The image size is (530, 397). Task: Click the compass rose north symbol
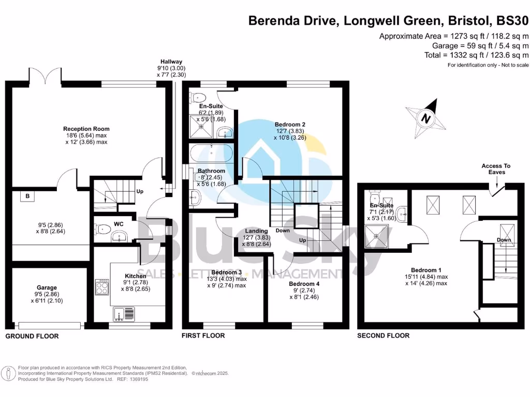coord(425,118)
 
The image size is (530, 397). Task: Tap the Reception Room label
coord(86,129)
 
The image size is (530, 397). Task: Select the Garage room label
coord(47,287)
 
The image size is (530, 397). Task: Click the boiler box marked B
coord(27,196)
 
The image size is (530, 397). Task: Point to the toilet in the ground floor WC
coord(104,227)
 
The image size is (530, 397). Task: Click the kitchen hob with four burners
coord(102,287)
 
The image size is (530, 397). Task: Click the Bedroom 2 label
coord(290,125)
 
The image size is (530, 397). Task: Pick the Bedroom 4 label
coord(304,284)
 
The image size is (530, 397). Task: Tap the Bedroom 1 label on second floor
coord(426,270)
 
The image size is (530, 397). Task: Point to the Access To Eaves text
coord(496,169)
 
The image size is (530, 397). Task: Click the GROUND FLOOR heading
coord(32,336)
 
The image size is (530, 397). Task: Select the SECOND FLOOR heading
coord(383,335)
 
